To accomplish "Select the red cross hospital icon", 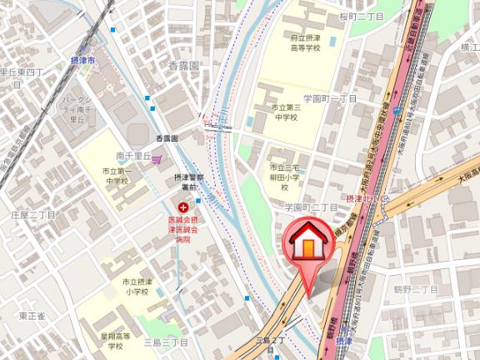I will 182,205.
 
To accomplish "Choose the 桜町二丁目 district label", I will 338,16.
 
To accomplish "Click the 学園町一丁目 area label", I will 329,98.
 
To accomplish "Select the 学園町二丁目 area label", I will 311,206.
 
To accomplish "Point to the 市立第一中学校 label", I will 116,175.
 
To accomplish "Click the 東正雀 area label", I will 31,316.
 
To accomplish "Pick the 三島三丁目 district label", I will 165,342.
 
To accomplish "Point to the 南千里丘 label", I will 132,155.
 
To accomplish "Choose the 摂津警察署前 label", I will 184,182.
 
